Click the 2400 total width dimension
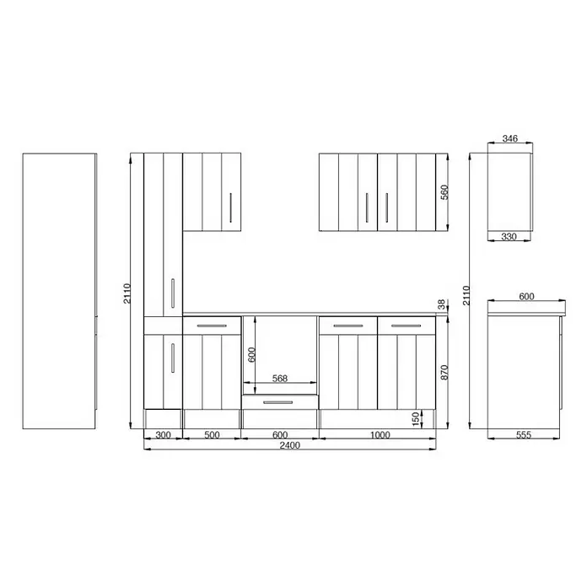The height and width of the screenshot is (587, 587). (290, 445)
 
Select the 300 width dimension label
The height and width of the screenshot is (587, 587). (163, 435)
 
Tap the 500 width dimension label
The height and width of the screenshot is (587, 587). (212, 435)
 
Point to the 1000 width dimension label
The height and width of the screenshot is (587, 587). (380, 435)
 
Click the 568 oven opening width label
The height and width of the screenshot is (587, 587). (280, 379)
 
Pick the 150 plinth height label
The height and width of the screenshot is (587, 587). (415, 419)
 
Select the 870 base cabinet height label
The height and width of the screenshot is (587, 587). (444, 373)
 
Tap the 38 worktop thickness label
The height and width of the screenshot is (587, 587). (442, 304)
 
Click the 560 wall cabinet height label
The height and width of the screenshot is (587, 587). (444, 192)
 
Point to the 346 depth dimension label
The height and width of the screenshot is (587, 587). (510, 138)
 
